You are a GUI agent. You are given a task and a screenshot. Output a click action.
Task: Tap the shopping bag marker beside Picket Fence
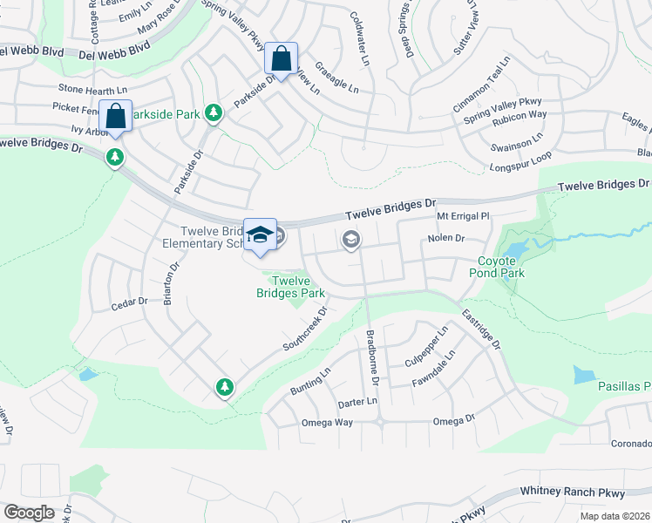tap(115, 117)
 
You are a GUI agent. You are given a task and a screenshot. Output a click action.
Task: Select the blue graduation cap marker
tap(260, 234)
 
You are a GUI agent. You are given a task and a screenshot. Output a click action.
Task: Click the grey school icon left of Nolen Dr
tap(351, 240)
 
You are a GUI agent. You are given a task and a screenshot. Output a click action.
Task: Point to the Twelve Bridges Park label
tap(290, 287)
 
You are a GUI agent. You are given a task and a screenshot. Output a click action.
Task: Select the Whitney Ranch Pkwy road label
tap(572, 492)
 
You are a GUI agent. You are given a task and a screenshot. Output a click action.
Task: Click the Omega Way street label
tap(326, 422)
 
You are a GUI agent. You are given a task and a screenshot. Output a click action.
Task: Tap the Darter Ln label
tap(358, 403)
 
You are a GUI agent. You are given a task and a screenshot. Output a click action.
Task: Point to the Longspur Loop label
tap(521, 166)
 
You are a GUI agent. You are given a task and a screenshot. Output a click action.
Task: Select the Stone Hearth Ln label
tap(93, 89)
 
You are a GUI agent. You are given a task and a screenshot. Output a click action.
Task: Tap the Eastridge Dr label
tap(481, 330)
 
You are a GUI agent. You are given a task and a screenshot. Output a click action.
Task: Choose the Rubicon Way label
tap(519, 114)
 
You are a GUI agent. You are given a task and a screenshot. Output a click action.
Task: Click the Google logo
tap(29, 513)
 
